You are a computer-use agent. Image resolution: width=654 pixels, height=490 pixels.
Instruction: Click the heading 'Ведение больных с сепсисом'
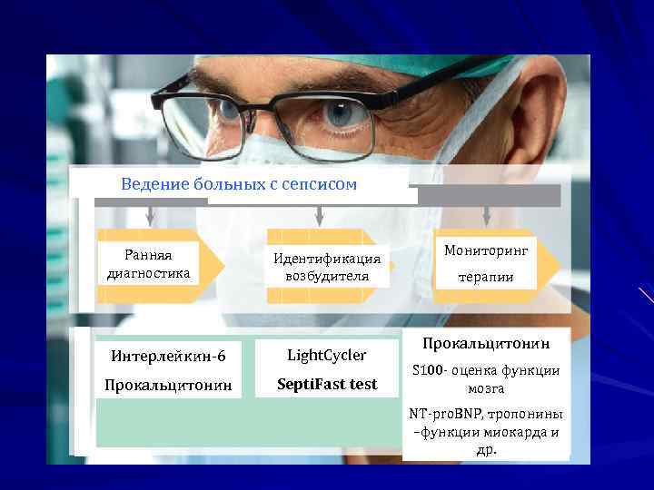click(239, 184)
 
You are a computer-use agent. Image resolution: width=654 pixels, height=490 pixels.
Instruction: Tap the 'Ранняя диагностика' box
click(149, 263)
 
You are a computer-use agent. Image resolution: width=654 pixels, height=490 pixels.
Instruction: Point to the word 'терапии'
click(486, 277)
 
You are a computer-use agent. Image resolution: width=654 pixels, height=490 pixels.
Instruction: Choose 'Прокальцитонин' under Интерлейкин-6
click(168, 385)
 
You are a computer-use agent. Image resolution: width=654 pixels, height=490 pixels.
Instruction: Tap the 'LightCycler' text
click(327, 354)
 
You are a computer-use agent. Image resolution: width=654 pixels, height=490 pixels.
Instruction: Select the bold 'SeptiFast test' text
click(327, 384)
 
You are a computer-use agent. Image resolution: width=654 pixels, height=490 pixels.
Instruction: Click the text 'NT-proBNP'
click(448, 414)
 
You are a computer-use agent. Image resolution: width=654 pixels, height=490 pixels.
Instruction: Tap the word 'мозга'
click(486, 387)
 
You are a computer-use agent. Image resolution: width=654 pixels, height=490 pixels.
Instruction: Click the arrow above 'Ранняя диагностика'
click(151, 216)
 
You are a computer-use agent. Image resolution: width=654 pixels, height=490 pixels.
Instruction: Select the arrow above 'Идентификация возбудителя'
click(318, 216)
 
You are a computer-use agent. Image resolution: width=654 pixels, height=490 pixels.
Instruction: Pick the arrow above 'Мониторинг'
click(487, 216)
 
